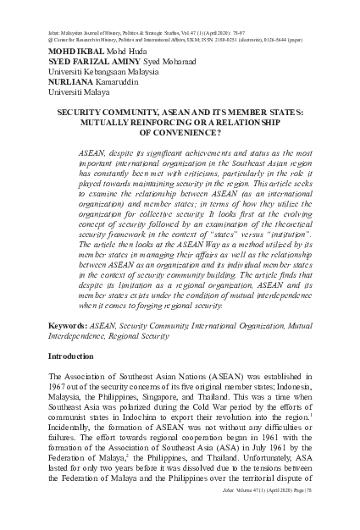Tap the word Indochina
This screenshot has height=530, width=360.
point(158,421)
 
